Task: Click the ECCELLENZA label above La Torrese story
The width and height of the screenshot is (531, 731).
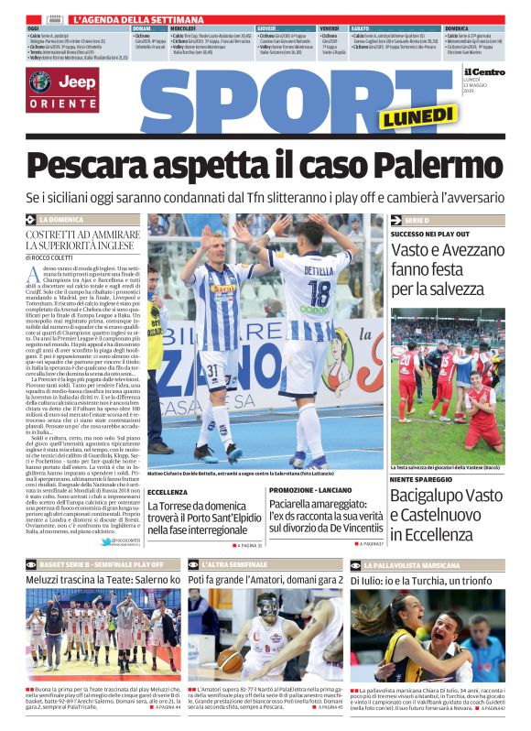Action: pyautogui.click(x=168, y=492)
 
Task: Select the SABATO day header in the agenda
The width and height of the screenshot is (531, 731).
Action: pyautogui.click(x=360, y=28)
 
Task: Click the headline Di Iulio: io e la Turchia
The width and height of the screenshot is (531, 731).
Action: pyautogui.click(x=427, y=580)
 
